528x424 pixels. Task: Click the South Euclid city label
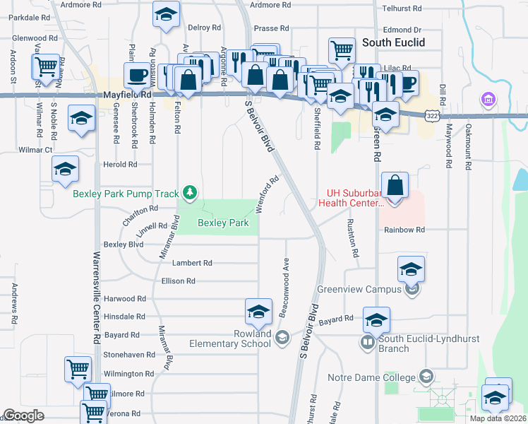tap(393, 42)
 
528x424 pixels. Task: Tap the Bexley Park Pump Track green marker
tap(189, 192)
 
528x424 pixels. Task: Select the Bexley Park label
tap(223, 223)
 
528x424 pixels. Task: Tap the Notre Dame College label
tap(373, 377)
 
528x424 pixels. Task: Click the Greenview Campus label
tap(360, 289)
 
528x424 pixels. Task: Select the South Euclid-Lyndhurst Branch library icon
tap(367, 343)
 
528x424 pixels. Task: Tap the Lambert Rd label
tap(193, 263)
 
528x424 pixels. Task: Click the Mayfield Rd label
tap(127, 93)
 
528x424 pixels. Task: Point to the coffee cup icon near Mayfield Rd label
tap(137, 74)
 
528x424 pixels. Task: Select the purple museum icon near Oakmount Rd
tap(488, 100)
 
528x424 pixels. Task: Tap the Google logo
tap(24, 416)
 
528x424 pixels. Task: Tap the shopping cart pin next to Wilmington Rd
tap(78, 368)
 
